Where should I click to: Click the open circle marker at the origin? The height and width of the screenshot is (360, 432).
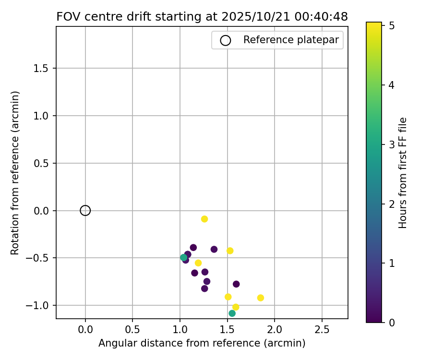tap(85, 210)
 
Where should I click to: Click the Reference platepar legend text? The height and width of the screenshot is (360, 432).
tap(291, 40)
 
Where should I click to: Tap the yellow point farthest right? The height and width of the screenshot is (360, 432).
tap(261, 298)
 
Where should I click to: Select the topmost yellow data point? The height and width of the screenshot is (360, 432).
tap(204, 219)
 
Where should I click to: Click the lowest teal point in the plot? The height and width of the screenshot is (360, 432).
tap(232, 313)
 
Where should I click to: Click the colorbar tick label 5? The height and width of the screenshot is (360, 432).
tap(392, 26)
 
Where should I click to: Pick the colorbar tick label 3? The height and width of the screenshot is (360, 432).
tap(392, 144)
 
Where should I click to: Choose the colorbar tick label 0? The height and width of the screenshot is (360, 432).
tap(392, 322)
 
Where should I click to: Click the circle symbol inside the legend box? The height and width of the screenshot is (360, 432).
tap(226, 40)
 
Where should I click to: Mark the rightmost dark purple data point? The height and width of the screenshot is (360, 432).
tap(236, 284)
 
